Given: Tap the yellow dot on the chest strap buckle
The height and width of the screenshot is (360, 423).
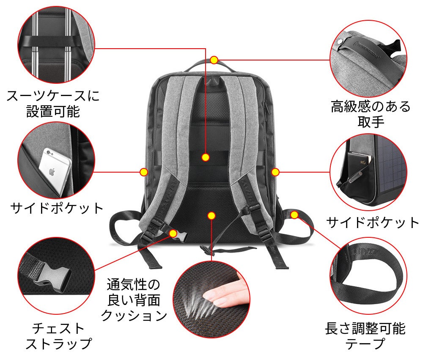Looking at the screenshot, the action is [x=173, y=233].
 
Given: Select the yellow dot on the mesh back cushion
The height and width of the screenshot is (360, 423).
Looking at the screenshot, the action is [x=210, y=216].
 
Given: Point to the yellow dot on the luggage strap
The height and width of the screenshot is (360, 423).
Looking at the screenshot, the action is [x=206, y=157].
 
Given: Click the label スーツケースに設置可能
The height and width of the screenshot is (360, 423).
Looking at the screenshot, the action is [x=53, y=104].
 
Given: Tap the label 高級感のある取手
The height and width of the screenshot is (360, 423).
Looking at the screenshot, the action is [x=371, y=114].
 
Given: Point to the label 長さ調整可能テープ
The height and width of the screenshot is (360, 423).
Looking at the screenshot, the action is [x=365, y=336].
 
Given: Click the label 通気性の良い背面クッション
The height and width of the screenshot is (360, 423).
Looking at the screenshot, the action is [x=134, y=300].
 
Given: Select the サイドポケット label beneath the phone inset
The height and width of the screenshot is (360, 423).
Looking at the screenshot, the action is [x=57, y=208].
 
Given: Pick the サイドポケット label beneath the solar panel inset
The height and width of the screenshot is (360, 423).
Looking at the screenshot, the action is [x=372, y=222].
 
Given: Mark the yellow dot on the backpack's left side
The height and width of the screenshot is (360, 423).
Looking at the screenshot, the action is [x=144, y=172].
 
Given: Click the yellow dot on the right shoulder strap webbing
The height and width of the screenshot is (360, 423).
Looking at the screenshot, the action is [x=294, y=214].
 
